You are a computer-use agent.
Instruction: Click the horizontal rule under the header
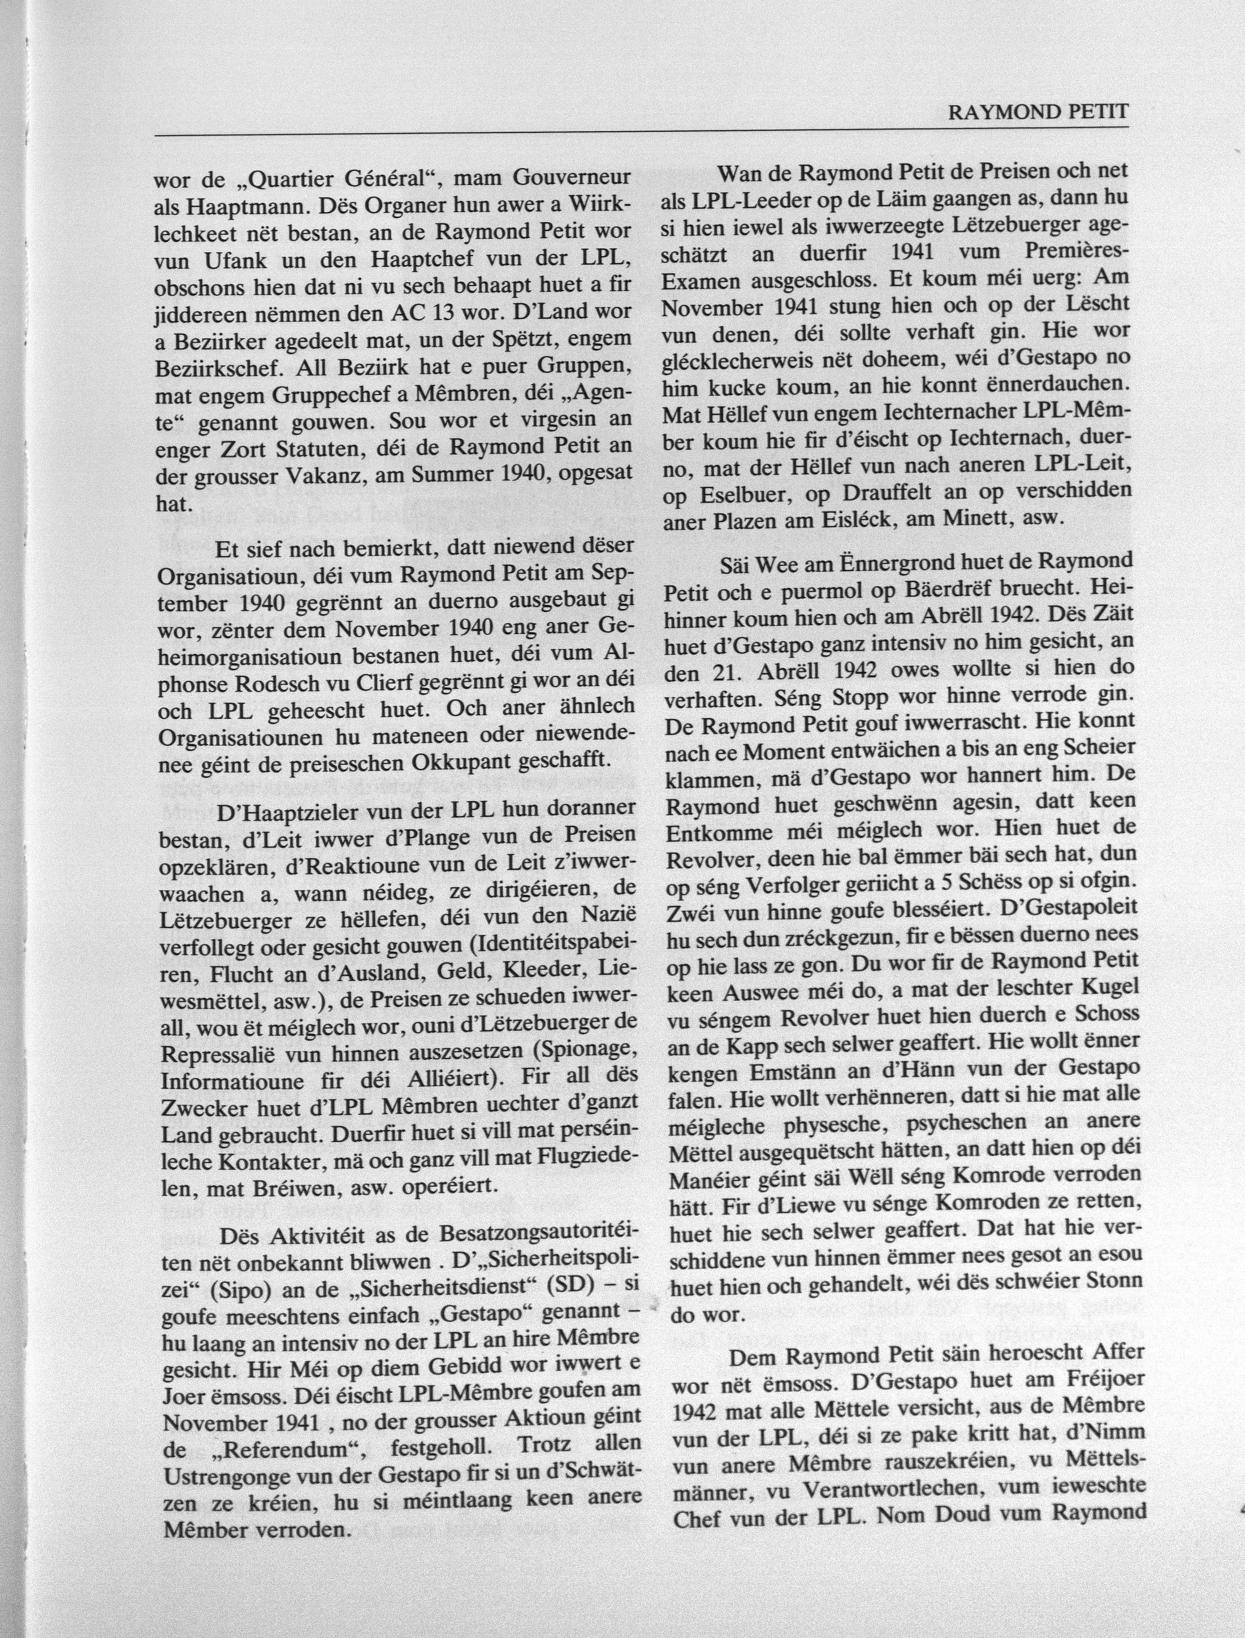641,134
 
